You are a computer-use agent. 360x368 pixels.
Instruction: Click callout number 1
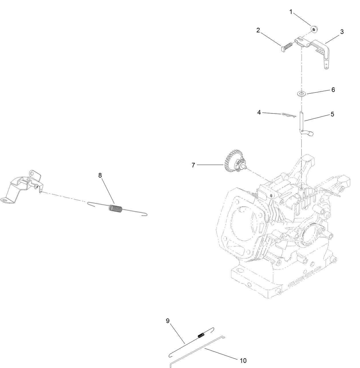(x=291, y=12)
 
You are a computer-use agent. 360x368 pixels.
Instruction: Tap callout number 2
(x=258, y=30)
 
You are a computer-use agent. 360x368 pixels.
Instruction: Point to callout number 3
(x=342, y=32)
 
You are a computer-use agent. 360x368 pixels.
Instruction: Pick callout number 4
(x=259, y=113)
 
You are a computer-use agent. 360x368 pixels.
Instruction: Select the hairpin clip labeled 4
(x=289, y=115)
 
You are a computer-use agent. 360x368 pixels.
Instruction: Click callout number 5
(x=332, y=114)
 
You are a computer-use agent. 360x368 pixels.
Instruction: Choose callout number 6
(x=333, y=90)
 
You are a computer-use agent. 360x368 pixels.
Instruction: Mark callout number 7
(x=193, y=165)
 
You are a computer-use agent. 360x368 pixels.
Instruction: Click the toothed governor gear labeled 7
(x=234, y=161)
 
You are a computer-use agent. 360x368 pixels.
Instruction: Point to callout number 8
(x=100, y=175)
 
